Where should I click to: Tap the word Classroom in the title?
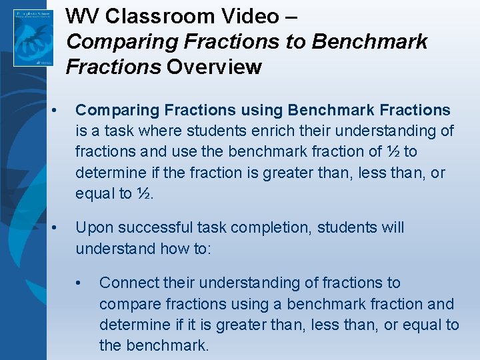[x=155, y=15]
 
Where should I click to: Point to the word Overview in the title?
[x=214, y=67]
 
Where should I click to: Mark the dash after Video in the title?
[x=291, y=15]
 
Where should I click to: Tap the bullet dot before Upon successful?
[x=60, y=228]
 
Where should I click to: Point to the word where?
[x=158, y=131]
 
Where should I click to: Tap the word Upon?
[x=93, y=228]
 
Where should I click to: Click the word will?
[x=390, y=228]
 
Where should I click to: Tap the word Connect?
[x=129, y=283]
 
